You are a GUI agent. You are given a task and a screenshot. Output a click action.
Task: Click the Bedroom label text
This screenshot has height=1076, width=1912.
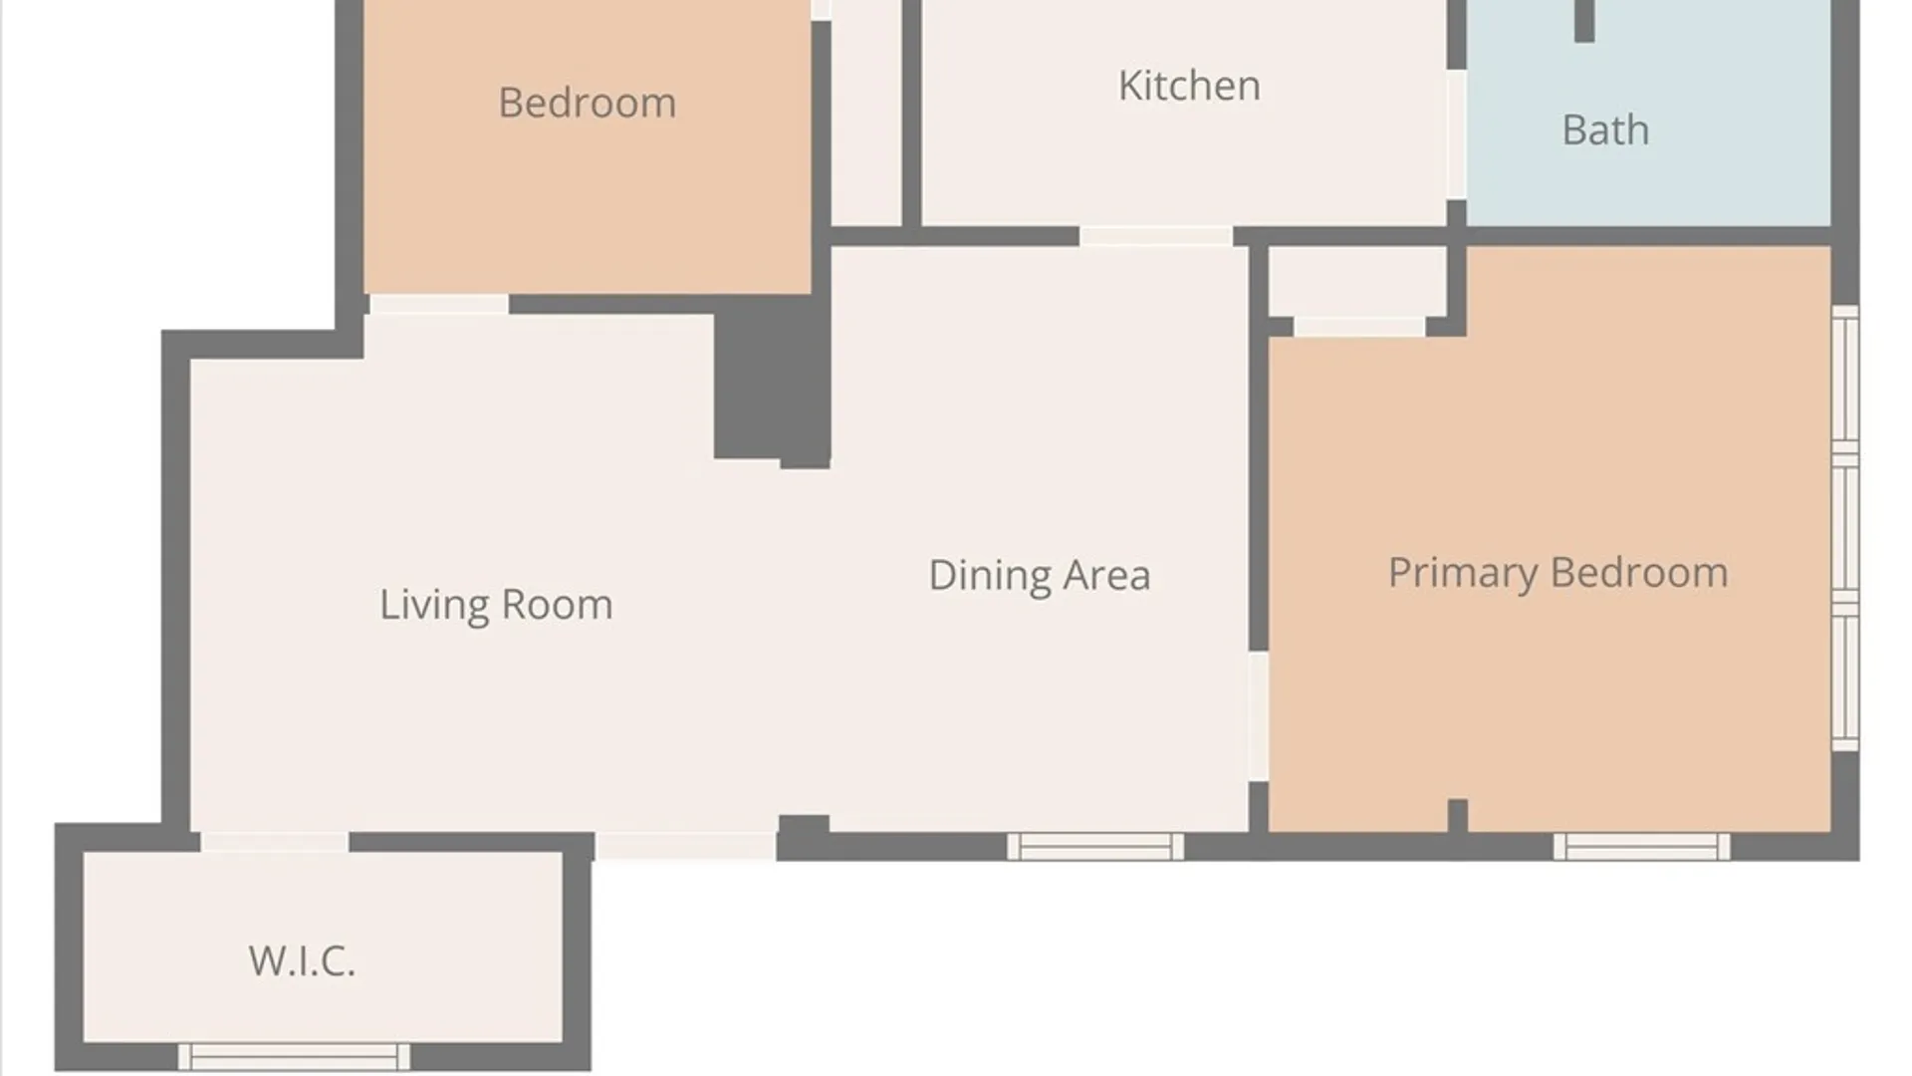click(587, 103)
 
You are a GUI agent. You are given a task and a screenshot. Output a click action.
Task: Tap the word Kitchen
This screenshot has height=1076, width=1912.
click(1189, 86)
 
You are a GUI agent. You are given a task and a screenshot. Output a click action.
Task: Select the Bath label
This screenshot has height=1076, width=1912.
click(1605, 130)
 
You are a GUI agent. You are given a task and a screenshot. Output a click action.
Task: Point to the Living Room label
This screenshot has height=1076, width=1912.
click(496, 605)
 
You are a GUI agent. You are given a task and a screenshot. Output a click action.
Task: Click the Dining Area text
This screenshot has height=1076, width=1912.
click(1040, 575)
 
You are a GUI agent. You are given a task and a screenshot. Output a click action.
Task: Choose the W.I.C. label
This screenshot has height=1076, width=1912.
click(302, 961)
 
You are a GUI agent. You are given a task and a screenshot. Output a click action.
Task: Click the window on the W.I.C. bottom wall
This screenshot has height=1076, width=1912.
click(294, 1056)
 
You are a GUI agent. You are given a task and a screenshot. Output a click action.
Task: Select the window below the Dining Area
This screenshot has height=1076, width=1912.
click(1095, 847)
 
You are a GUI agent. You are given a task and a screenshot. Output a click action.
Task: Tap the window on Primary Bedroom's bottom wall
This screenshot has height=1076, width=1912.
click(1641, 847)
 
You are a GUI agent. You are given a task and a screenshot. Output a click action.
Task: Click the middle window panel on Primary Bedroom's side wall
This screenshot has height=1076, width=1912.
click(1845, 528)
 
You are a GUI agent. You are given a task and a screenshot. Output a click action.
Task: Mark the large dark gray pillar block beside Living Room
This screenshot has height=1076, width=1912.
click(773, 382)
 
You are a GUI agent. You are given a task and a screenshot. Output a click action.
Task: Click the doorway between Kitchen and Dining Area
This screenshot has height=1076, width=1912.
click(1156, 236)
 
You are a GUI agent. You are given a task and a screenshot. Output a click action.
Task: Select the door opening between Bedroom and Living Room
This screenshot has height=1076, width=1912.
click(438, 304)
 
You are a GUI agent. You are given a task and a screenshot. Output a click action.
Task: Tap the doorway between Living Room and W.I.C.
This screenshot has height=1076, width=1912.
click(275, 843)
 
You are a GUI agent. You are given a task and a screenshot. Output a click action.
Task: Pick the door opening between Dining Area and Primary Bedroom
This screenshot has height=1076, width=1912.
click(1259, 716)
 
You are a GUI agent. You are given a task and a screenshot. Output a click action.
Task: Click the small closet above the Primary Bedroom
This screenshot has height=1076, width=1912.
click(1357, 282)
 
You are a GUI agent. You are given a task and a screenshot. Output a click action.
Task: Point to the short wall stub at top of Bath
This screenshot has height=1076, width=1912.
click(1584, 21)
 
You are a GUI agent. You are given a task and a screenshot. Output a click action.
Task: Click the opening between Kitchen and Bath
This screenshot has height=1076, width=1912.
click(1456, 134)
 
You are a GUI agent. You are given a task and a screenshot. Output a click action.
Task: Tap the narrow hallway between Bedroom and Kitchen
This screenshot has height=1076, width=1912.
click(866, 113)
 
